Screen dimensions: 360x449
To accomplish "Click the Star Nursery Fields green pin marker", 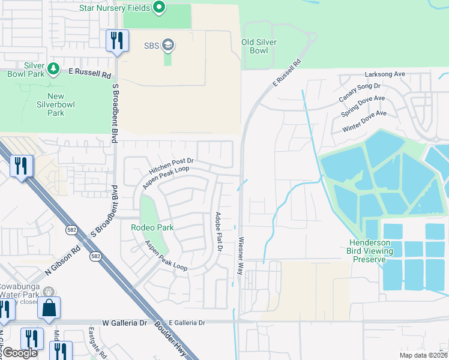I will click(158, 8).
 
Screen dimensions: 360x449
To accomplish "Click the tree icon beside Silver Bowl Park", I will click(53, 69).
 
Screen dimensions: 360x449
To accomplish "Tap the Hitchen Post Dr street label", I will click(171, 166).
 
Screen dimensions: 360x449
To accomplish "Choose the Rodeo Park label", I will click(152, 227).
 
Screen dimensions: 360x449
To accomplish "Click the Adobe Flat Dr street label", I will click(219, 231).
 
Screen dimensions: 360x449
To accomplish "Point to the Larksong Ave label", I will click(385, 74).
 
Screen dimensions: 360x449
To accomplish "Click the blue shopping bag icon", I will click(49, 308).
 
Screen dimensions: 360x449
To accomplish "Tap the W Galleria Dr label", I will click(124, 323).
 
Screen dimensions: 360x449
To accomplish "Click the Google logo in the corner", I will click(19, 353).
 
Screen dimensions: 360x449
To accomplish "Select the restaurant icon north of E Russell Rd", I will click(116, 41).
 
